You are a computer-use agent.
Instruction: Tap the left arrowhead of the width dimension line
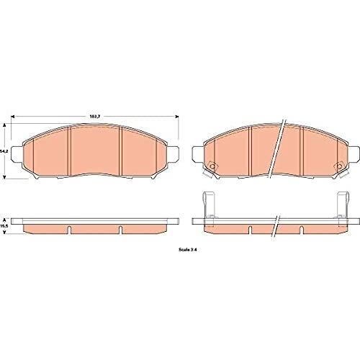pos(13,117)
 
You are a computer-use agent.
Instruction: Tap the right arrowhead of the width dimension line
pos(177,117)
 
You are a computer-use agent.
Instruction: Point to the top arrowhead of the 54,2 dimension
pos(4,125)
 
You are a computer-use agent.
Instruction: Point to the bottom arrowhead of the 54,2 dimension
pos(4,177)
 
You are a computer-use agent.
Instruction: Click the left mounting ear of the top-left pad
pos(17,153)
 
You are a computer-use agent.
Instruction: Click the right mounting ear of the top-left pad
pos(174,153)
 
